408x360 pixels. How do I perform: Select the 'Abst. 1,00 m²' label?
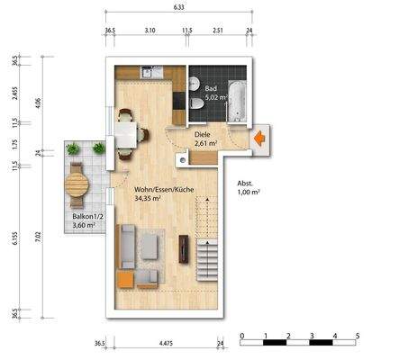point(249,187)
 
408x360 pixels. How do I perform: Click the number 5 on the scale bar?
point(358,335)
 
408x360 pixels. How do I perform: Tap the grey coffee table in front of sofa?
point(150,245)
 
